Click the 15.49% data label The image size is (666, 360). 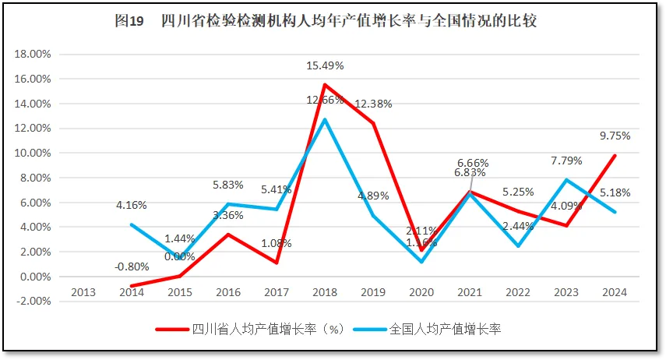(325, 65)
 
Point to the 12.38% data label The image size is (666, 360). (373, 104)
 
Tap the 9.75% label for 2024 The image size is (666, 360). (615, 135)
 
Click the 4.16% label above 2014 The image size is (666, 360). (131, 205)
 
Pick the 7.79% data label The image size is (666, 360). (566, 161)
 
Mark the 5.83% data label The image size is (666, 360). (227, 185)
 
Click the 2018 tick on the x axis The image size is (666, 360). (324, 292)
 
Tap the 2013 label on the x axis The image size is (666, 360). (83, 292)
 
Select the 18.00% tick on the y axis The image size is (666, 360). (33, 55)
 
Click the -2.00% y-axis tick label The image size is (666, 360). (33, 302)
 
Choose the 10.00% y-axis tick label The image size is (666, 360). (33, 154)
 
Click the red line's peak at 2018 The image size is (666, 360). (324, 85)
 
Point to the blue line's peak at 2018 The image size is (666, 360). (324, 119)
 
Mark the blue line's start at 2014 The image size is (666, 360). (131, 224)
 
